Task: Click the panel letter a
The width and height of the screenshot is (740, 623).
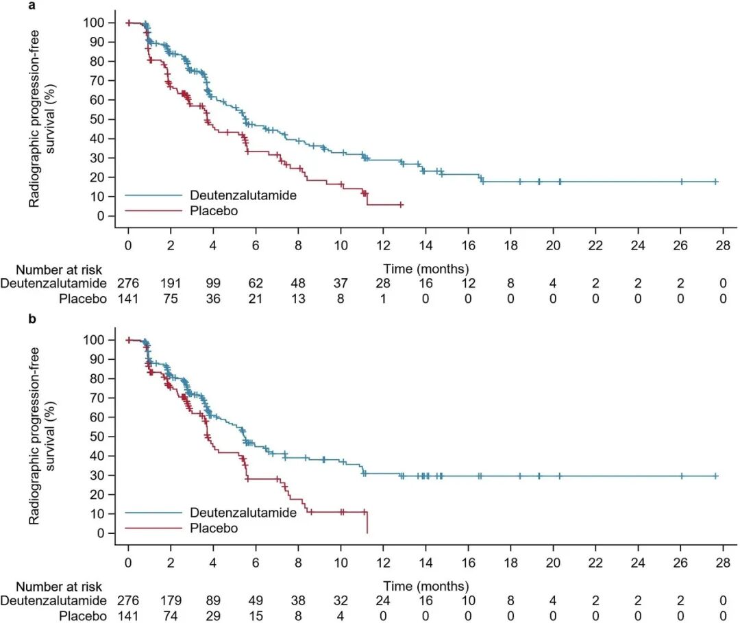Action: [12, 6]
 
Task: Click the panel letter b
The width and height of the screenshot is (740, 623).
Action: [12, 320]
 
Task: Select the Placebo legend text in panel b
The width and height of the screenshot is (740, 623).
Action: [214, 528]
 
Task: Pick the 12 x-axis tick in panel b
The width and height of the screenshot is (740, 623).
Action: [383, 563]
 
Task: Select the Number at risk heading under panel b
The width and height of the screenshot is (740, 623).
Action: [59, 587]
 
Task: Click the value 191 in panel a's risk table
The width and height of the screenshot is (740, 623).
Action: [171, 282]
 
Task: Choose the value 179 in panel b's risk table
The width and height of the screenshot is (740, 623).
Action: [171, 600]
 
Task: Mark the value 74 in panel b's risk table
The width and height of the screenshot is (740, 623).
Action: [171, 615]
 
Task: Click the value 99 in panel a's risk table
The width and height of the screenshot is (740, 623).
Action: [213, 282]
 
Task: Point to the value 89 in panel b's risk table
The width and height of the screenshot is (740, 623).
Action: [213, 600]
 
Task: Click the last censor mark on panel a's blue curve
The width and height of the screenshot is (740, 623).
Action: [715, 182]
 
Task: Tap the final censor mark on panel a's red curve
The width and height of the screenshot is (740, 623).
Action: [401, 205]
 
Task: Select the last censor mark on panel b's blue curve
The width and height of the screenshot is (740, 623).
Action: [715, 476]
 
